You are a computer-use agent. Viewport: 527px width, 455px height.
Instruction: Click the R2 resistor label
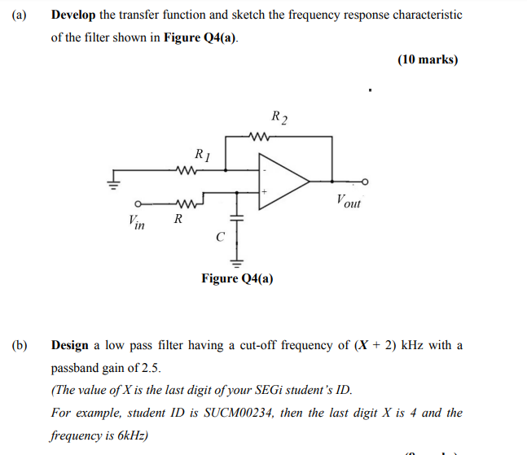tap(279, 119)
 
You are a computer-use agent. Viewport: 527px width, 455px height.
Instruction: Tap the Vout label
tap(348, 201)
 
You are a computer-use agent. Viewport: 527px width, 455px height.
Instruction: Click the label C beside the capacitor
tap(219, 237)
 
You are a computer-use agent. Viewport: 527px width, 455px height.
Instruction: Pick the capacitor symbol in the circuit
tap(238, 219)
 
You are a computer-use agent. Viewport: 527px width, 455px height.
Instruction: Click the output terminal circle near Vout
tap(365, 181)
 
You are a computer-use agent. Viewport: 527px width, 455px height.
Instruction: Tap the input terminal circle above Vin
tap(138, 203)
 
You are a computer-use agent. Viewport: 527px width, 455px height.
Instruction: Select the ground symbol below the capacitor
tap(238, 261)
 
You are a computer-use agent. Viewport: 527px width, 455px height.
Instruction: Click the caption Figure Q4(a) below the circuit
tap(237, 279)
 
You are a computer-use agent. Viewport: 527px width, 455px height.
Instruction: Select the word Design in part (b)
tap(70, 345)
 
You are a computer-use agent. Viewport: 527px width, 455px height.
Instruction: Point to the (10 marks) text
tap(428, 59)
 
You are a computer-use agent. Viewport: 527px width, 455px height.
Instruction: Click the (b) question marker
tap(20, 345)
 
